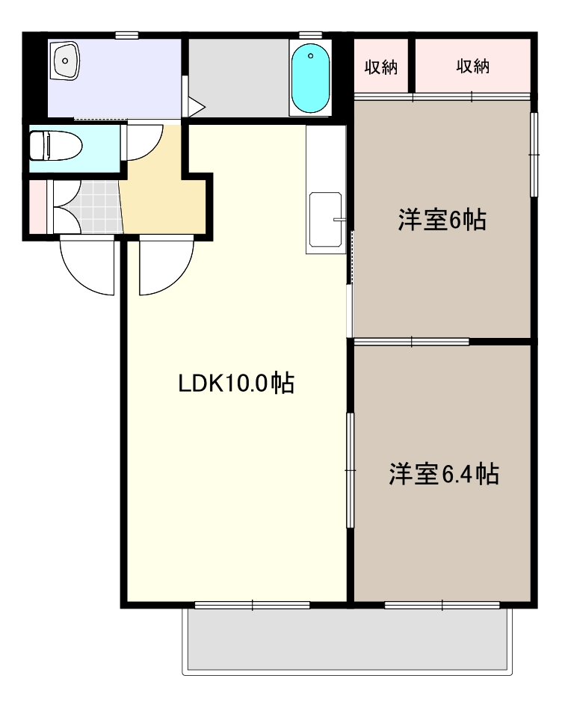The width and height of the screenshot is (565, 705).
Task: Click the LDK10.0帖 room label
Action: (235, 384)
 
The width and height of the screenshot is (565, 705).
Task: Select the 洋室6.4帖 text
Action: (443, 474)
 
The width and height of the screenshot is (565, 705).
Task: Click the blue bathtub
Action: (310, 78)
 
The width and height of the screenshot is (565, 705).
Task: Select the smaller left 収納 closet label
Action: (381, 67)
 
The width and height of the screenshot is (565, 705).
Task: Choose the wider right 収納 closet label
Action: (472, 67)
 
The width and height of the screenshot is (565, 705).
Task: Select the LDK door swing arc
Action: (163, 265)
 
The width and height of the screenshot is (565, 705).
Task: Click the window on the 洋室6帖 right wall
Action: (534, 155)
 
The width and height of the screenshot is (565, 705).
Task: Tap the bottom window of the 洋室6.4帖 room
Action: (442, 605)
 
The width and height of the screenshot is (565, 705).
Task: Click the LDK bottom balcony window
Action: (252, 605)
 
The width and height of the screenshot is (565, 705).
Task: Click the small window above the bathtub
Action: (310, 34)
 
